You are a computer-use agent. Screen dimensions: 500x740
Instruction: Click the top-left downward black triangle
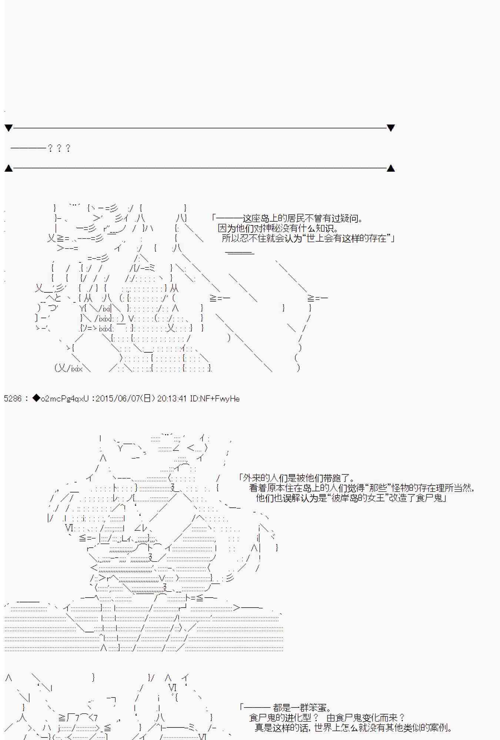click(9, 128)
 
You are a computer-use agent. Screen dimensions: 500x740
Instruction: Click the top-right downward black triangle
click(390, 128)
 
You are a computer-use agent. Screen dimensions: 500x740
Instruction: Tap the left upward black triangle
click(9, 168)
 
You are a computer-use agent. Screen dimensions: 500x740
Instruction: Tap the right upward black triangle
click(390, 168)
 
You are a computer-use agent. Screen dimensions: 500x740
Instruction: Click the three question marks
click(59, 148)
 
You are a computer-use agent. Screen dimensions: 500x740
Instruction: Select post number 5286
click(13, 398)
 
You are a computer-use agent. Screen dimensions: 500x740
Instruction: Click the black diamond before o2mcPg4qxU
click(36, 398)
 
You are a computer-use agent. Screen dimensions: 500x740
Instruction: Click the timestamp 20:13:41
click(172, 398)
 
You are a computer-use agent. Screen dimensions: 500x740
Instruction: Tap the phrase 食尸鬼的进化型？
click(284, 718)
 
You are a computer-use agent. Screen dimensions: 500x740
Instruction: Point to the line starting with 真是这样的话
click(354, 728)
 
